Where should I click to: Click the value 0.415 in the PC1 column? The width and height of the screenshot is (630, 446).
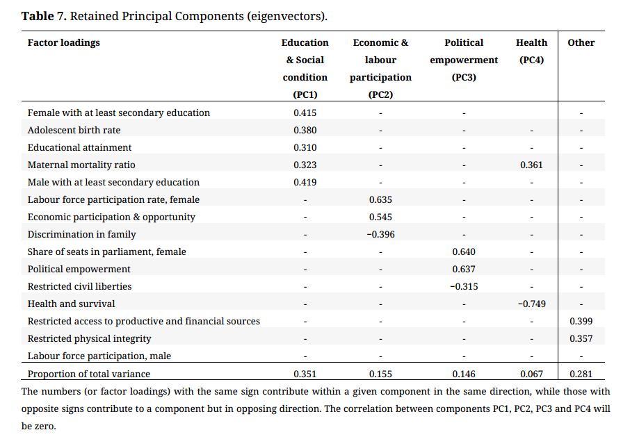pyautogui.click(x=305, y=113)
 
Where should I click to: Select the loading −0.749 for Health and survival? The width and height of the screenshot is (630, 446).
pyautogui.click(x=531, y=304)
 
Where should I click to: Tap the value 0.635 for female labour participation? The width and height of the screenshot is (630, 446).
pyautogui.click(x=380, y=199)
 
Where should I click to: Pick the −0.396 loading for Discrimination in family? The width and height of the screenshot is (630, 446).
pyautogui.click(x=380, y=234)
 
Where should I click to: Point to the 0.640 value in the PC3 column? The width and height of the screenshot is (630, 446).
pyautogui.click(x=464, y=251)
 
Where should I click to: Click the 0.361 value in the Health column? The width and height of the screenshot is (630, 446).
pyautogui.click(x=531, y=165)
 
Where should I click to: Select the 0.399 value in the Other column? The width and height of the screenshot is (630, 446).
pyautogui.click(x=581, y=321)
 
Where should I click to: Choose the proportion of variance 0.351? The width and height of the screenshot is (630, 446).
pyautogui.click(x=305, y=374)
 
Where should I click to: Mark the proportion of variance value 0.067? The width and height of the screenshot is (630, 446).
pyautogui.click(x=531, y=374)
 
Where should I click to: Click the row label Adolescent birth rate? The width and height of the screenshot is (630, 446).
pyautogui.click(x=74, y=130)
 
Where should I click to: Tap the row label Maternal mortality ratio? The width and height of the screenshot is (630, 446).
pyautogui.click(x=81, y=165)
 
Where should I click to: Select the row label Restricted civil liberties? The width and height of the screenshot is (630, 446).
pyautogui.click(x=79, y=287)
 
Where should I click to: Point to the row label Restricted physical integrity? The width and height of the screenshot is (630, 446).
pyautogui.click(x=89, y=339)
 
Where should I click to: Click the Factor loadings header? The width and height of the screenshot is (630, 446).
pyautogui.click(x=63, y=43)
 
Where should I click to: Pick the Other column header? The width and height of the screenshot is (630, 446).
pyautogui.click(x=581, y=42)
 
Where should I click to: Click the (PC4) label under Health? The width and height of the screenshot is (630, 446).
pyautogui.click(x=531, y=60)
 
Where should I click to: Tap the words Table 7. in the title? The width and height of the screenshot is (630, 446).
pyautogui.click(x=45, y=16)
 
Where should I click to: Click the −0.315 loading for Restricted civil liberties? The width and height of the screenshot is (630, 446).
pyautogui.click(x=464, y=287)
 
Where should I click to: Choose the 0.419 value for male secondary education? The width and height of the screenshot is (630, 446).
pyautogui.click(x=305, y=182)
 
